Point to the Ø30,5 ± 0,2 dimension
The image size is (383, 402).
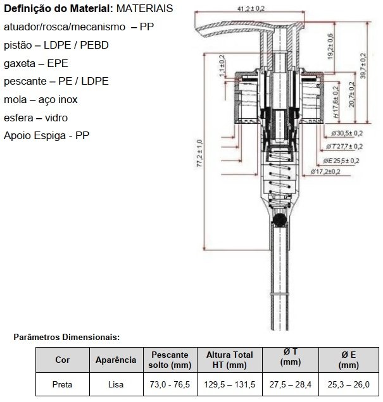pyautogui.click(x=347, y=133)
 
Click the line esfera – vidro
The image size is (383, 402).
pyautogui.click(x=35, y=118)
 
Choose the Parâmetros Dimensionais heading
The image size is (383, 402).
pyautogui.click(x=66, y=338)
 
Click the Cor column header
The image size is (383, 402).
pyautogui.click(x=63, y=360)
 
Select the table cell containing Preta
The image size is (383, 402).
pyautogui.click(x=63, y=383)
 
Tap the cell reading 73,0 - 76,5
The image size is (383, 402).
pyautogui.click(x=169, y=383)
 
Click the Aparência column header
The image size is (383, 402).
pyautogui.click(x=116, y=360)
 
